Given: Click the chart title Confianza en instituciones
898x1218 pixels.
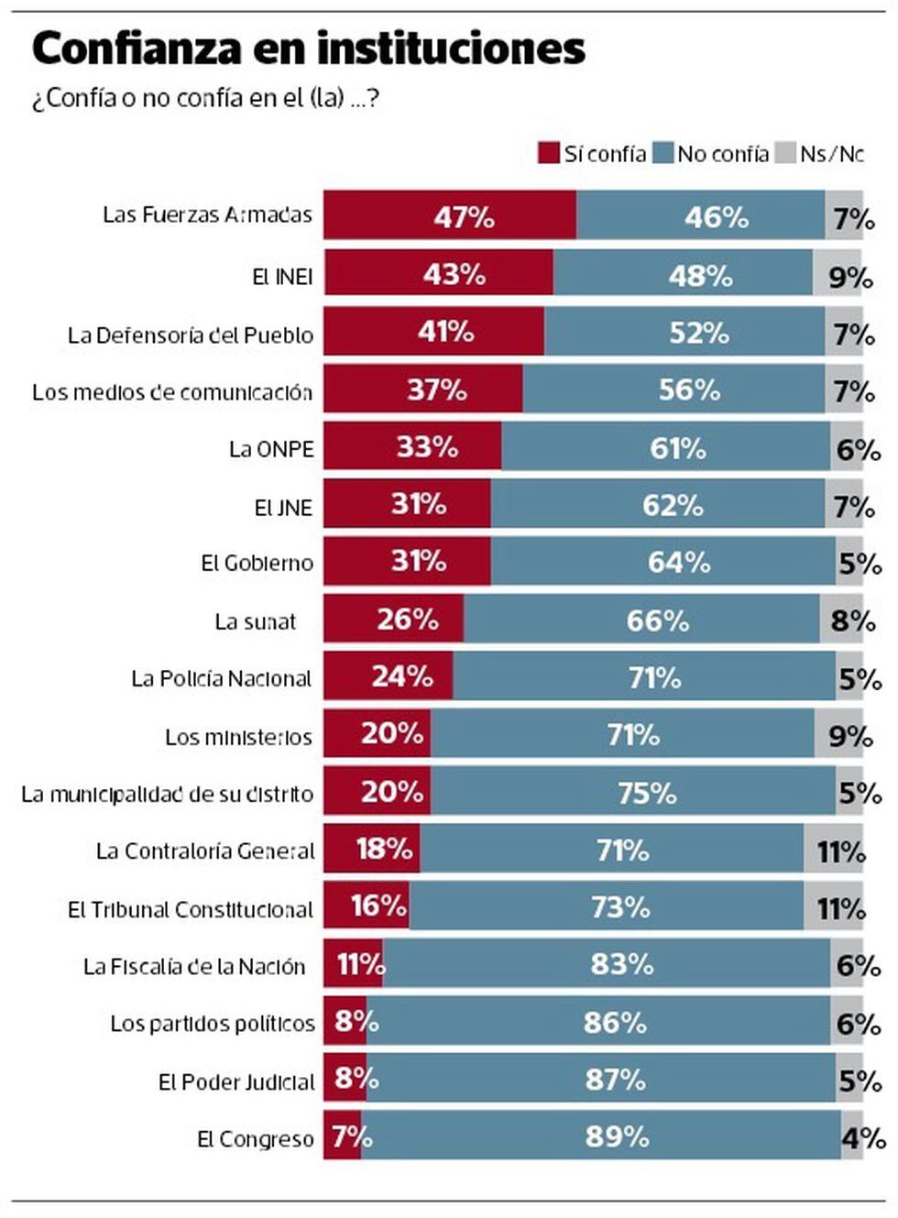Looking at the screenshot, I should (x=308, y=49).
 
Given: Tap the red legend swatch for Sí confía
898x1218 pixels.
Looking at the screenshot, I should (x=549, y=153).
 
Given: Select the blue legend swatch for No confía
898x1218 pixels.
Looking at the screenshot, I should (x=663, y=153).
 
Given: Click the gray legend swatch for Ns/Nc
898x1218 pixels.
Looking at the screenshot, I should (x=785, y=153).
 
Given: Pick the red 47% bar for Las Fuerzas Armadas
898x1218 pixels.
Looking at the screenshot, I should (x=450, y=215).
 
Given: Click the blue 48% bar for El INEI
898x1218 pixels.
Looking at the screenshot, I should (x=683, y=273).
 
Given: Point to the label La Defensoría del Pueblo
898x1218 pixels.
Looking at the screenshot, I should (x=191, y=335).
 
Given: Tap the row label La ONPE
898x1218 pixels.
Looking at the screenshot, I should (x=271, y=449).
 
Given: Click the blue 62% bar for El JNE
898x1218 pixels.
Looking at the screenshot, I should (x=658, y=504).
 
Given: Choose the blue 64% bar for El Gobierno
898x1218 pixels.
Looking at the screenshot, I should (x=663, y=561).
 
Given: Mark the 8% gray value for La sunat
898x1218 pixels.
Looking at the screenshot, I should (x=853, y=620).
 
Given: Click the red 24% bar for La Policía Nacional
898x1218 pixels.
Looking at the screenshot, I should (x=389, y=676).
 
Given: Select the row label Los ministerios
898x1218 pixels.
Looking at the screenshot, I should (x=238, y=737).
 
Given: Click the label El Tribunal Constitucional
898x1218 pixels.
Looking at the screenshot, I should (x=191, y=910).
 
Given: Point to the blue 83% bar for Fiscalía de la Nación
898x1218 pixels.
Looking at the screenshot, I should (x=607, y=963).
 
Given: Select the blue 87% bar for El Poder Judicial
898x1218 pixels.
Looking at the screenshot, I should (x=601, y=1079).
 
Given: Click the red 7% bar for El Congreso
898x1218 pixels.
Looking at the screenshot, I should (x=343, y=1136).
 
